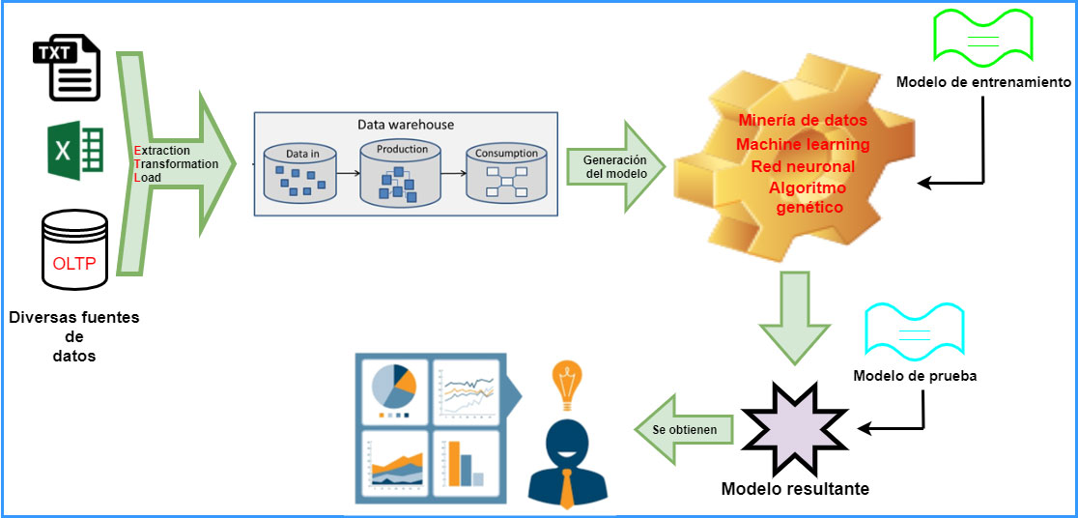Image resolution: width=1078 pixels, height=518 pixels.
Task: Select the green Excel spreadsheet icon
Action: [x=75, y=151]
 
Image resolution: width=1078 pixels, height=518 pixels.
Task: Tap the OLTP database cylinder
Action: [x=75, y=249]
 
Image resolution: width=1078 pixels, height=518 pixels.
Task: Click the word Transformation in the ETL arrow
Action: [x=176, y=163]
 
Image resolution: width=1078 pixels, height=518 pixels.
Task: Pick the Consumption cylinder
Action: [x=507, y=173]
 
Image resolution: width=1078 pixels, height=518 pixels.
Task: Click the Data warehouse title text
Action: [x=406, y=125]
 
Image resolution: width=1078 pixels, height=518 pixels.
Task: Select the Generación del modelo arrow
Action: [x=616, y=166]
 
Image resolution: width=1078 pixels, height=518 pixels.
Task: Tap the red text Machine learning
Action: [x=803, y=144]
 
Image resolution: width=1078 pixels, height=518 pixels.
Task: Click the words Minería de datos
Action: [x=803, y=120]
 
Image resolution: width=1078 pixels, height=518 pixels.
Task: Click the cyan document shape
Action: [x=915, y=333]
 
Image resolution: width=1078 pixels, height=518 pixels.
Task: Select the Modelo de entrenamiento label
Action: [x=983, y=82]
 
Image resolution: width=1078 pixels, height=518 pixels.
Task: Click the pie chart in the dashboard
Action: [x=394, y=388]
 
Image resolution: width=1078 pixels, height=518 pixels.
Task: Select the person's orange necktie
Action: [x=567, y=488]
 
